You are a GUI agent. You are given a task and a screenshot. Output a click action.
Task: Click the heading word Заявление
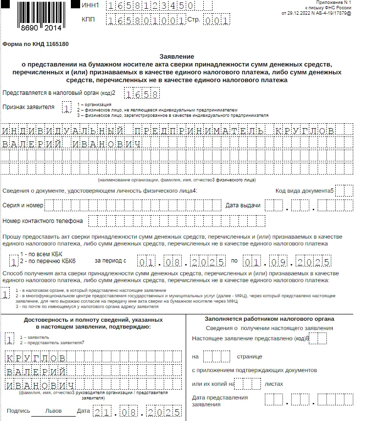[x=177, y=57]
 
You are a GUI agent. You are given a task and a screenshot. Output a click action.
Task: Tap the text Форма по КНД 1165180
[x=36, y=44]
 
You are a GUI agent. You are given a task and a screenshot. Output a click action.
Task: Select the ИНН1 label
[x=91, y=6]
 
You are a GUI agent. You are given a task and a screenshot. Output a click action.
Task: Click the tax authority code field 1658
[x=141, y=93]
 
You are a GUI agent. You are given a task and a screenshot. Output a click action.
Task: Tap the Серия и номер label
[x=23, y=205]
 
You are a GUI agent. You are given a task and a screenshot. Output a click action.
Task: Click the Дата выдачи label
[x=243, y=205]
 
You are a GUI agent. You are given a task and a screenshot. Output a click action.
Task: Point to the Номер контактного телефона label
[x=43, y=221]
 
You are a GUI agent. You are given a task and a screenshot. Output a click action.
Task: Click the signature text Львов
[x=54, y=411]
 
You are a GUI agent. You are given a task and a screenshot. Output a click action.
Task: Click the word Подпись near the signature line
[x=19, y=411]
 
